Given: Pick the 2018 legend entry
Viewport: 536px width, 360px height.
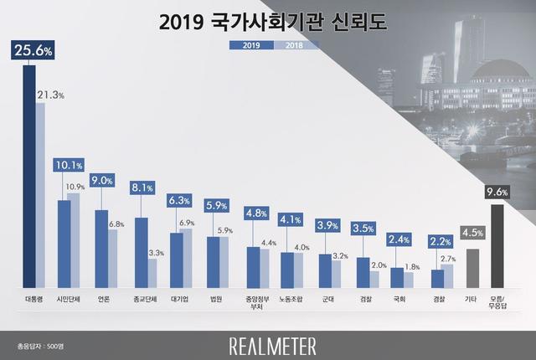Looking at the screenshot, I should click(x=289, y=45).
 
